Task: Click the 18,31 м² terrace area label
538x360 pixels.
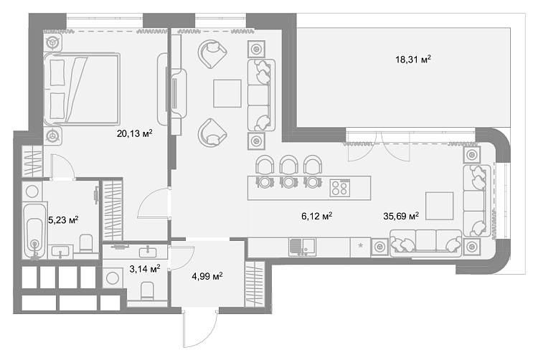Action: [x=412, y=60]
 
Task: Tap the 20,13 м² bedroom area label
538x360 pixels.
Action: [x=135, y=133]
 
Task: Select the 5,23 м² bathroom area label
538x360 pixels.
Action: [x=63, y=219]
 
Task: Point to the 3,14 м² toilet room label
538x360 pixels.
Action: [x=144, y=269]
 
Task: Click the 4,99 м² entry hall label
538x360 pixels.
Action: [x=207, y=275]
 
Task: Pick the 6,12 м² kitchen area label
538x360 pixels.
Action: [x=316, y=216]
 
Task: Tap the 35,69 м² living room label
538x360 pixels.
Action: [x=401, y=216]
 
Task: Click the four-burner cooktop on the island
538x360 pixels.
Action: [x=340, y=188]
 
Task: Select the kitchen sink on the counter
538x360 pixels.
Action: [x=302, y=247]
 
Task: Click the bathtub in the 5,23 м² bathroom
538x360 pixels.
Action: [x=34, y=231]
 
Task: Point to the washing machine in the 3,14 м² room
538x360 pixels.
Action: [x=113, y=278]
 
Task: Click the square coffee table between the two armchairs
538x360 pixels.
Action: [x=227, y=93]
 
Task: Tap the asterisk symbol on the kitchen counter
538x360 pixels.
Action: [x=360, y=245]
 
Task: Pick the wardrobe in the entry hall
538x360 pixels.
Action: [x=254, y=284]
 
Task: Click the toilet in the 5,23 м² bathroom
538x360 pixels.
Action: [x=86, y=243]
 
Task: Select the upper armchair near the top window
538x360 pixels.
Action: [x=212, y=54]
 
